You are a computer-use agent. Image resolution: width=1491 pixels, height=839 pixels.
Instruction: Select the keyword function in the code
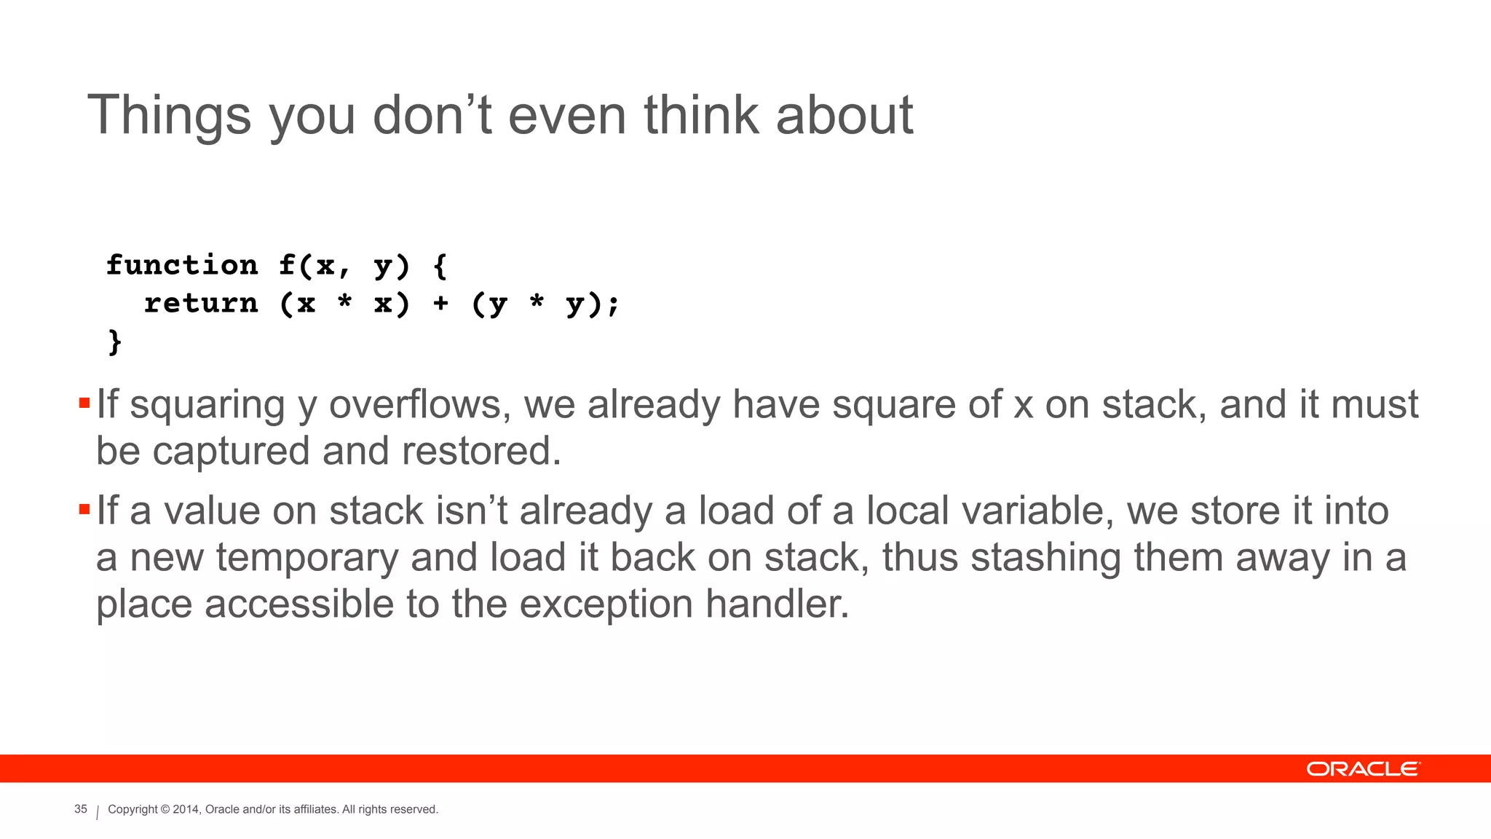[182, 265]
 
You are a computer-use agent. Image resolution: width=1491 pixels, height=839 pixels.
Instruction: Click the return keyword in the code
[201, 303]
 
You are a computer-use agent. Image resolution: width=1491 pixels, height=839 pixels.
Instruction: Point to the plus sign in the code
[440, 303]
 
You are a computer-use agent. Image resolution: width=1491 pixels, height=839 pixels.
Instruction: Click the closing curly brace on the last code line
[114, 342]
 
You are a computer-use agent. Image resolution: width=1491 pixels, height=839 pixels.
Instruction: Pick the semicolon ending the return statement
[613, 304]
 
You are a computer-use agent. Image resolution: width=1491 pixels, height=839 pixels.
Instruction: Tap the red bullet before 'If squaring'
[84, 403]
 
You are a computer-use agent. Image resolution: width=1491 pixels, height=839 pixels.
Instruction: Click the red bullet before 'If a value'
[84, 509]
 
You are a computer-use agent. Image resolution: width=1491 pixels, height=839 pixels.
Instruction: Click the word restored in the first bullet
[481, 451]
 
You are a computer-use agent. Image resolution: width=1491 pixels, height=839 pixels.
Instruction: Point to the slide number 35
[81, 809]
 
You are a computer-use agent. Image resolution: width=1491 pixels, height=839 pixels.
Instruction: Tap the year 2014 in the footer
[186, 809]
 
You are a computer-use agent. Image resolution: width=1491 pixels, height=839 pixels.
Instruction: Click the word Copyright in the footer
[133, 809]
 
